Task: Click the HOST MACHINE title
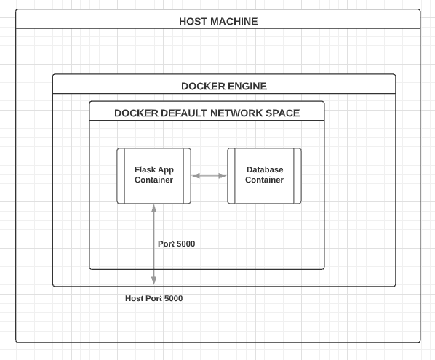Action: [x=218, y=21]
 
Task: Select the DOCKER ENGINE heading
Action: [x=224, y=87]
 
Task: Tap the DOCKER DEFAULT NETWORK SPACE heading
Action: [x=207, y=113]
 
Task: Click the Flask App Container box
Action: [x=154, y=176]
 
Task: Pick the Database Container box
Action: [x=264, y=176]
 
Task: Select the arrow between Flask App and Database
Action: [x=209, y=176]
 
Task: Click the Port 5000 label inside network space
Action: [x=177, y=244]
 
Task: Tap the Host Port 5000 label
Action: [x=154, y=298]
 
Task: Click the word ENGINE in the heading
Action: [x=247, y=87]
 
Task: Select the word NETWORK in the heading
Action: [x=236, y=113]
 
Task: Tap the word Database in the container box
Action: [x=265, y=169]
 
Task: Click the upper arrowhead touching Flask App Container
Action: [x=154, y=208]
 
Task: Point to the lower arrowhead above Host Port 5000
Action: [x=153, y=281]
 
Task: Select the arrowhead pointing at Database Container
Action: [x=223, y=176]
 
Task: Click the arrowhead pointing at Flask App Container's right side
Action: [x=196, y=176]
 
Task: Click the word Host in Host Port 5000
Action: [x=135, y=298]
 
